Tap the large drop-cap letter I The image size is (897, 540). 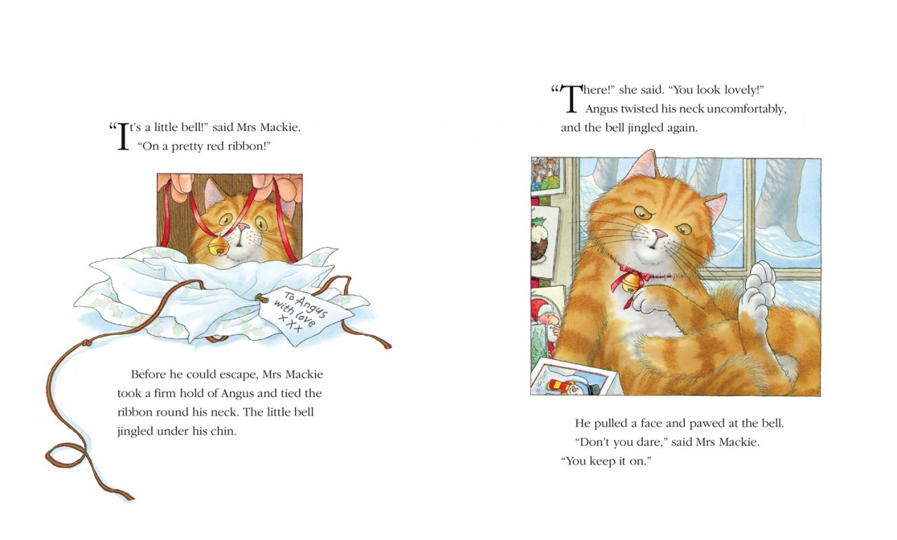tap(123, 137)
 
